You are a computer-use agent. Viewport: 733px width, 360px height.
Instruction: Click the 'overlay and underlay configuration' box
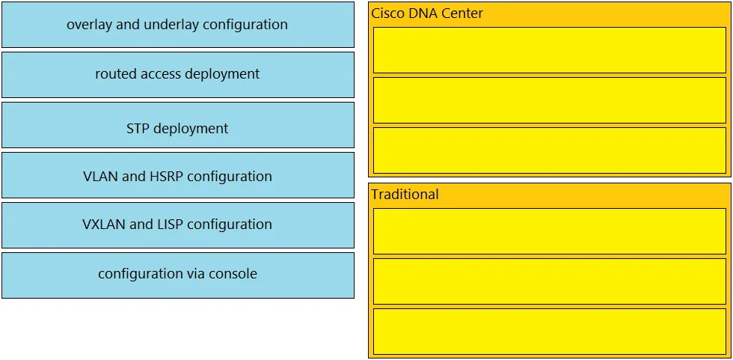coord(178,25)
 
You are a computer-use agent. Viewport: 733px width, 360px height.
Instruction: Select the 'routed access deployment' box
coord(178,75)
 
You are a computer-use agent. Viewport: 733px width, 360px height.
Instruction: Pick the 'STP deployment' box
coord(178,125)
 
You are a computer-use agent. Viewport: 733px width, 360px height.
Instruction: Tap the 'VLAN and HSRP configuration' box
coord(178,175)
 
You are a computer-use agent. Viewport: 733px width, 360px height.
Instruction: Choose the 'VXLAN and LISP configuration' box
coord(178,225)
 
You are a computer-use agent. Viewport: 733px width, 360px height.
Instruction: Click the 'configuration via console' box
coord(178,275)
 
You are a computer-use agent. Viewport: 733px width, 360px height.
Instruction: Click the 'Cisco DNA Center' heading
coord(427,13)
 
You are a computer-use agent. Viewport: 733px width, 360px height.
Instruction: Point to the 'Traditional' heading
coord(405,195)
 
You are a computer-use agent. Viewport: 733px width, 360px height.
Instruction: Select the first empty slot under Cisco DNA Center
coord(549,50)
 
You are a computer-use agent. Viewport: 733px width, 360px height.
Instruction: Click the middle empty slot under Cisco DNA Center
coord(549,100)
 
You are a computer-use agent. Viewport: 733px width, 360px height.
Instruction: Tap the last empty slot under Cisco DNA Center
coord(549,150)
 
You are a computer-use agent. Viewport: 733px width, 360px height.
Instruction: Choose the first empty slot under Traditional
coord(549,231)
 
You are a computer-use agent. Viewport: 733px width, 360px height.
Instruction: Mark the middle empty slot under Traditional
coord(549,281)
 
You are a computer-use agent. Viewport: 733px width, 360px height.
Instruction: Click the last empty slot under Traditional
coord(549,331)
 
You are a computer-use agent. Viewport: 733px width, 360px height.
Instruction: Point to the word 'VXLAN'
coord(104,225)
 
